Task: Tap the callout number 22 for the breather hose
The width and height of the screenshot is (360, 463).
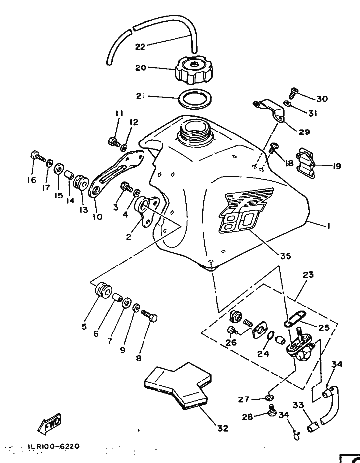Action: [x=141, y=47]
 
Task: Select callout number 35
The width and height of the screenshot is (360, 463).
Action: [x=285, y=257]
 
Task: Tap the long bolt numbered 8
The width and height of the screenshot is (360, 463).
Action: [x=149, y=315]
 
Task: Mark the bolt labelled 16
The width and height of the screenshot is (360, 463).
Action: [x=37, y=156]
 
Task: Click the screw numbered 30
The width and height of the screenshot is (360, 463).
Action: [x=293, y=92]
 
